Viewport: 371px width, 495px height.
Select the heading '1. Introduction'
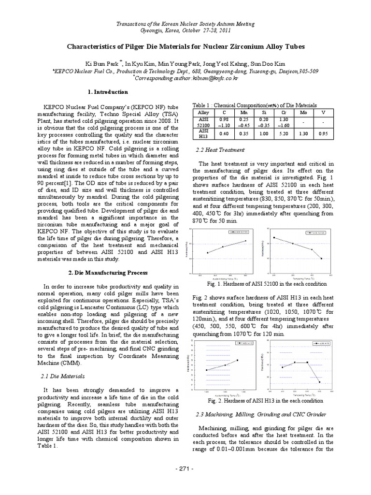pyautogui.click(x=109, y=92)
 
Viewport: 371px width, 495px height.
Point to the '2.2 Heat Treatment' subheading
pyautogui.click(x=219, y=150)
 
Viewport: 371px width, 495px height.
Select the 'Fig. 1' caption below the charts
pyautogui.click(x=267, y=284)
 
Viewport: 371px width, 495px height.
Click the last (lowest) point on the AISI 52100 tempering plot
pyautogui.click(x=321, y=259)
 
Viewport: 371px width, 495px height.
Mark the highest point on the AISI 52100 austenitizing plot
pyautogui.click(x=245, y=241)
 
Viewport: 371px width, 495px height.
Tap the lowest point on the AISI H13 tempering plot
pyautogui.click(x=320, y=382)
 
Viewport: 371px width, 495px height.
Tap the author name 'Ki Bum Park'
pyautogui.click(x=101, y=63)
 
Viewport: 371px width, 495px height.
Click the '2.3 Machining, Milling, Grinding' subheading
pyautogui.click(x=260, y=414)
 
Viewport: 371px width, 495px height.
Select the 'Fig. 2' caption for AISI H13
pyautogui.click(x=267, y=401)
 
